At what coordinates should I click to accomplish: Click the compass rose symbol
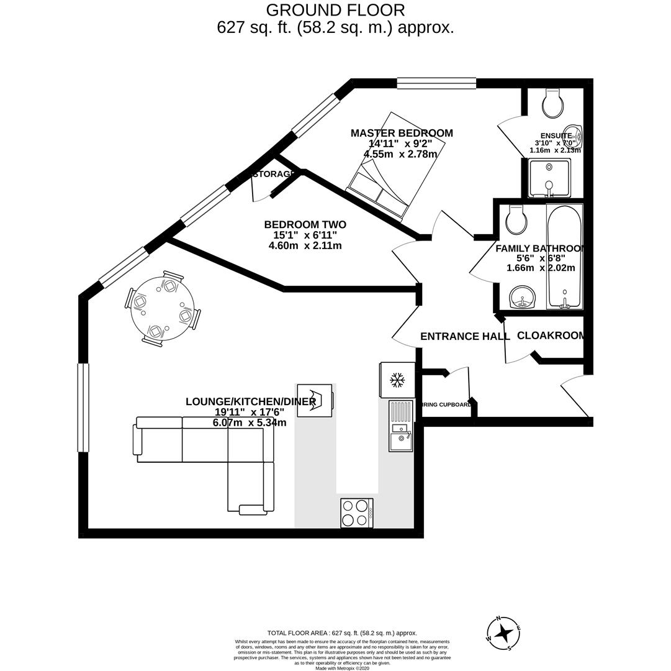click(x=503, y=633)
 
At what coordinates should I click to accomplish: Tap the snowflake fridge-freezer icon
click(x=397, y=379)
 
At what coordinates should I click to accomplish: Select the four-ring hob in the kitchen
click(x=356, y=513)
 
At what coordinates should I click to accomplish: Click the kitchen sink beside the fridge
click(x=400, y=426)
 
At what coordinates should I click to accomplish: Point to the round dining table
click(x=163, y=308)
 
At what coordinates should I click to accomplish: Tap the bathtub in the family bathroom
click(x=564, y=256)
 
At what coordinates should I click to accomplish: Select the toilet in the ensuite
click(x=552, y=103)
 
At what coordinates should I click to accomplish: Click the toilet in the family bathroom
click(x=516, y=219)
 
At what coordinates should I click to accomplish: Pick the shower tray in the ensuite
click(x=549, y=178)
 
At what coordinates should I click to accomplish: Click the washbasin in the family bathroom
click(x=523, y=297)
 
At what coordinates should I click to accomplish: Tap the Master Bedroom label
click(x=402, y=133)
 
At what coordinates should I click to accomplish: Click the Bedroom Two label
click(x=305, y=224)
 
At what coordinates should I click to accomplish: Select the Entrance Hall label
click(x=464, y=336)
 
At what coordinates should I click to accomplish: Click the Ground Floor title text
click(x=335, y=11)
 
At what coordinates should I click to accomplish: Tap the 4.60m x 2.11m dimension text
click(x=305, y=245)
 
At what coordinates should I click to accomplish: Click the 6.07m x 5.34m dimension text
click(x=249, y=422)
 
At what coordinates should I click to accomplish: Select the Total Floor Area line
click(x=342, y=633)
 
